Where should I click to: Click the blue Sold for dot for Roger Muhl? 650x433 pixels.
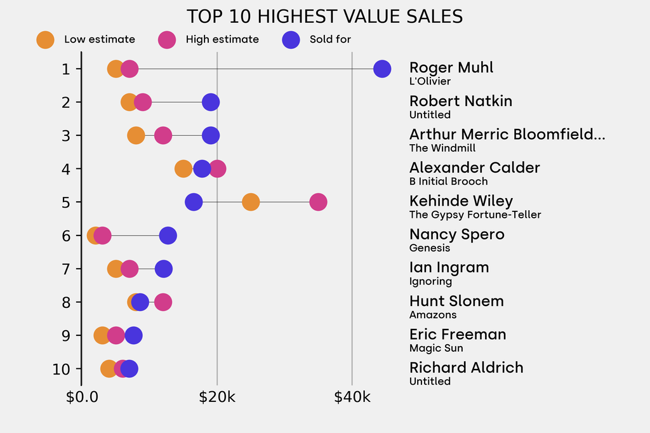click(x=382, y=69)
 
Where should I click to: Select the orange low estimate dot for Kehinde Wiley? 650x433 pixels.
click(x=251, y=202)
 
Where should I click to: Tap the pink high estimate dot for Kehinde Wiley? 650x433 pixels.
click(x=318, y=202)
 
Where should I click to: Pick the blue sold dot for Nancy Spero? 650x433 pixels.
click(x=168, y=236)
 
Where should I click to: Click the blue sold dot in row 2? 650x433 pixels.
click(x=211, y=102)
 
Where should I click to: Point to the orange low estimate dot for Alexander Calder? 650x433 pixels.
click(x=183, y=169)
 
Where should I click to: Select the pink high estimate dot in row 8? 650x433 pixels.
click(x=163, y=302)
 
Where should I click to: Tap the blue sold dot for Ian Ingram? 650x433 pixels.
click(x=164, y=269)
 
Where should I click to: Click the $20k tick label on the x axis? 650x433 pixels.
click(x=217, y=397)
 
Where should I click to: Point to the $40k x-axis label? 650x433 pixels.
click(x=352, y=397)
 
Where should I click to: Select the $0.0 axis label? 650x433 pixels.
click(x=82, y=397)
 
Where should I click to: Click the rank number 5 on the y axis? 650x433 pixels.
click(x=66, y=202)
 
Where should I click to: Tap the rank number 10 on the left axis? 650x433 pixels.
click(x=62, y=369)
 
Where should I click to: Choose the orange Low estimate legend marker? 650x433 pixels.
click(x=45, y=39)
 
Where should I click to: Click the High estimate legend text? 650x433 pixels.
click(x=222, y=39)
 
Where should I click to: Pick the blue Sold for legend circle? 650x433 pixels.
click(x=290, y=39)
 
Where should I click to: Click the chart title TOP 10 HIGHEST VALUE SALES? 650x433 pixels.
click(x=324, y=17)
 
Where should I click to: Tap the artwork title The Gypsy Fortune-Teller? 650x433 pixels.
click(x=475, y=215)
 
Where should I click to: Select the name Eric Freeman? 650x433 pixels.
click(x=458, y=335)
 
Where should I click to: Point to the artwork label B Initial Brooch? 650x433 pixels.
click(x=448, y=182)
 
